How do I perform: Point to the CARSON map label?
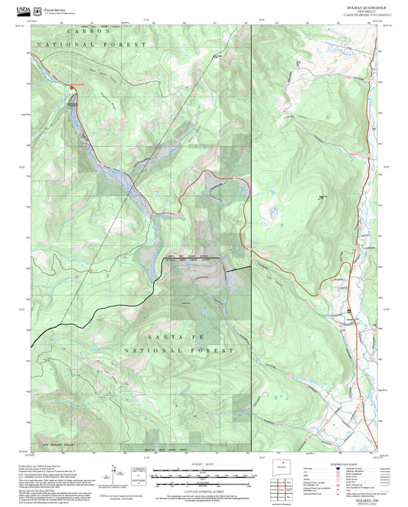click(x=89, y=31)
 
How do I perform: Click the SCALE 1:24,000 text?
click(x=202, y=462)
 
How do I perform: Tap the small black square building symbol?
click(x=349, y=310)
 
